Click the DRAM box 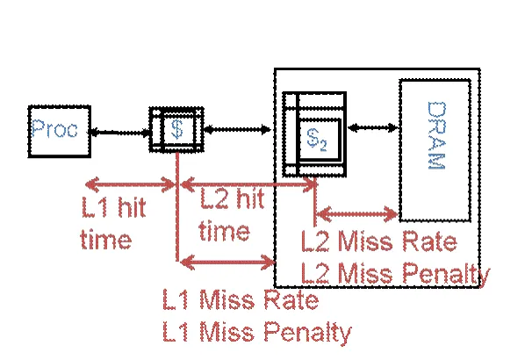coord(435,149)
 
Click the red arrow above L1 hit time coord(132,184)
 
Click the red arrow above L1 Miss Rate coord(227,259)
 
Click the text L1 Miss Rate coord(240,300)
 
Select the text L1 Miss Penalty coord(256,332)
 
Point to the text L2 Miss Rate coord(378,242)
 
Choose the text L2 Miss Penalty coord(395,274)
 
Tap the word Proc coord(54,130)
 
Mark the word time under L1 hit coord(105,240)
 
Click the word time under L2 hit coord(224,232)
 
